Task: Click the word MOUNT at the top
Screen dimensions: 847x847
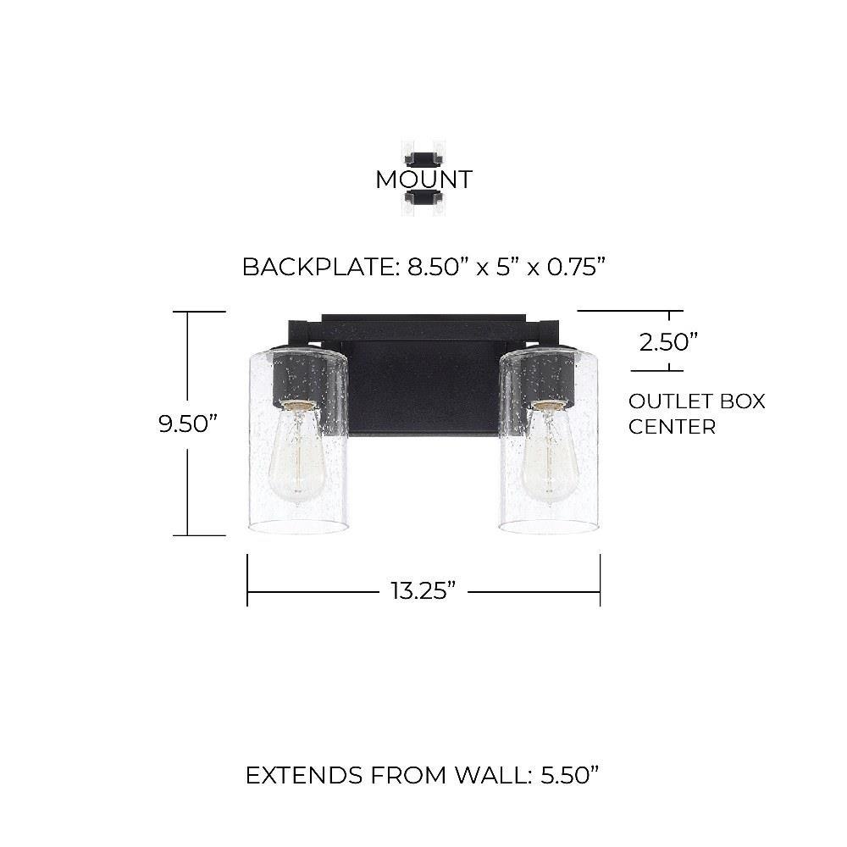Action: (x=424, y=180)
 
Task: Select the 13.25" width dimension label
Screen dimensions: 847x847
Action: (x=423, y=590)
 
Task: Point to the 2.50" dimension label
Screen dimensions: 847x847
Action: (x=669, y=342)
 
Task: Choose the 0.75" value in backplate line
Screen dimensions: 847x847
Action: (x=576, y=267)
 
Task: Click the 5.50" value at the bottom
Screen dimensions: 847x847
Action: (x=570, y=776)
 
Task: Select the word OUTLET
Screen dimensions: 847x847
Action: (x=663, y=401)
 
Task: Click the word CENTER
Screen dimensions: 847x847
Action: (x=672, y=427)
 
